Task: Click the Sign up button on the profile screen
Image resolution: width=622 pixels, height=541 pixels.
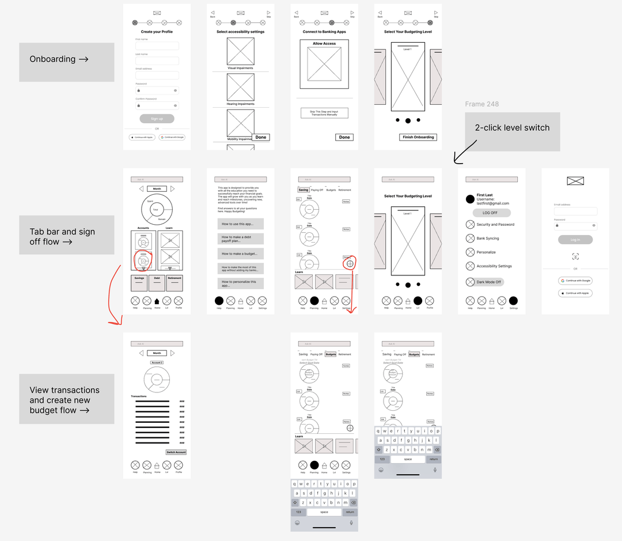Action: tap(157, 119)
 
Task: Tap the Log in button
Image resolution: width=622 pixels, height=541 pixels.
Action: tap(575, 240)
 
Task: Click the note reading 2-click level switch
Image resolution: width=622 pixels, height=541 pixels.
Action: tap(512, 128)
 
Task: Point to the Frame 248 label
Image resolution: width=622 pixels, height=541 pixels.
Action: tap(482, 104)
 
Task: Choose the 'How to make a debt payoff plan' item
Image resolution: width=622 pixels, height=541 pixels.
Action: tap(240, 239)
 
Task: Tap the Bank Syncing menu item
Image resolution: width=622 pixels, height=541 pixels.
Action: tap(488, 239)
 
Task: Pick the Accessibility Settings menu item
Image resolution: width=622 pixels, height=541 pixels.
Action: tap(494, 266)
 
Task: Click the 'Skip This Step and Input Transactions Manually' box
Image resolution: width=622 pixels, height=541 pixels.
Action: tap(324, 113)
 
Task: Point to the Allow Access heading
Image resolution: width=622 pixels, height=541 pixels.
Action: tap(324, 44)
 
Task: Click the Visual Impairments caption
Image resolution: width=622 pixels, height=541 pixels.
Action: tap(240, 68)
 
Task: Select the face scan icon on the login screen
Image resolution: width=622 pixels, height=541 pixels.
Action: tap(575, 256)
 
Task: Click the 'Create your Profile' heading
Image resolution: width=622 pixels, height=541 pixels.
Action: tap(157, 32)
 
